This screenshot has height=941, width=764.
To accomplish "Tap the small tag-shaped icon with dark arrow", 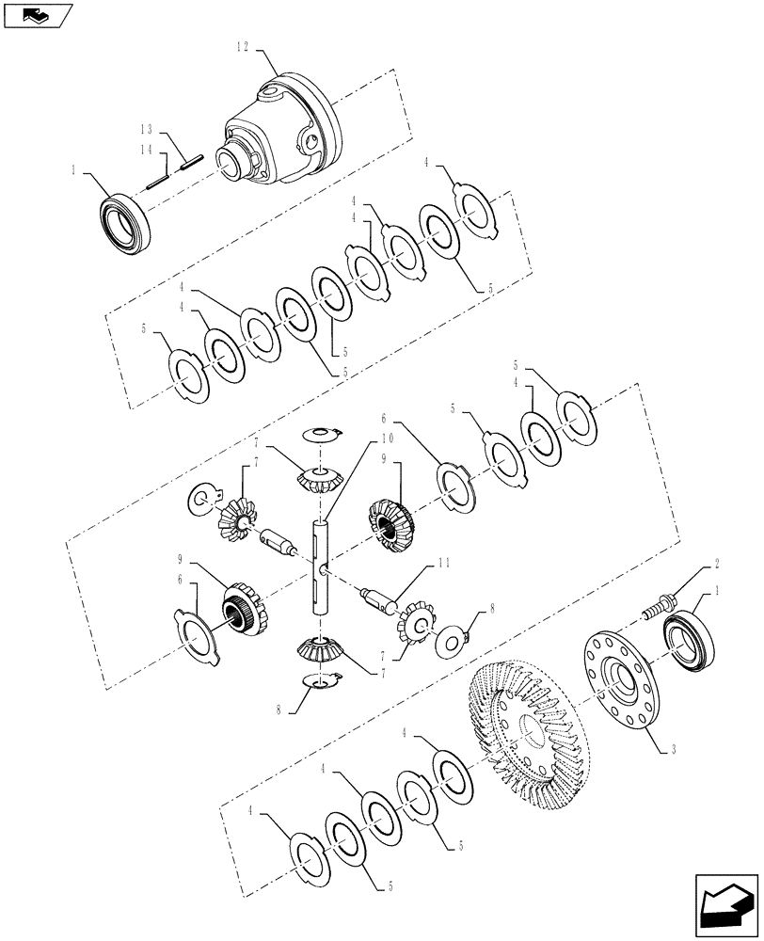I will click(x=38, y=15).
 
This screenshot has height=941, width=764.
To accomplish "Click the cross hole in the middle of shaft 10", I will click(x=322, y=568).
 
